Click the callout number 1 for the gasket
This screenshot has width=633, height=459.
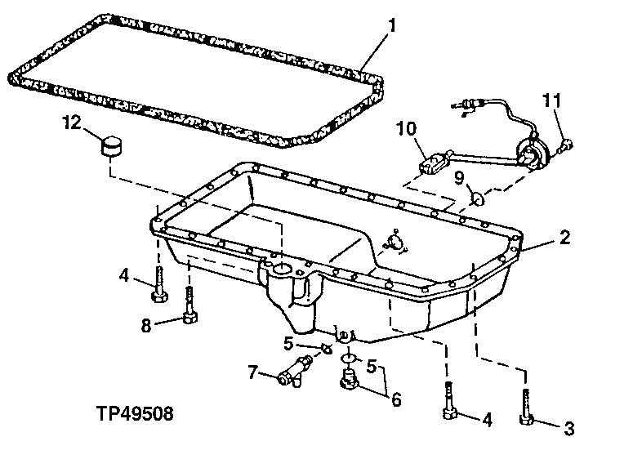pyautogui.click(x=392, y=25)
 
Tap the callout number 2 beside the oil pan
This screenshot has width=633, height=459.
pyautogui.click(x=564, y=238)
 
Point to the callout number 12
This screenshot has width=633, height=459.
pyautogui.click(x=73, y=123)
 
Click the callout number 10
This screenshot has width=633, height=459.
pyautogui.click(x=407, y=128)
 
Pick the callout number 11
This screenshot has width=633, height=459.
pyautogui.click(x=552, y=101)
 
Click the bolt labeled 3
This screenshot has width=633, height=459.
pyautogui.click(x=527, y=408)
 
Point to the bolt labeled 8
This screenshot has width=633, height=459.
pyautogui.click(x=190, y=307)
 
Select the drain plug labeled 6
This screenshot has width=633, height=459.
pyautogui.click(x=350, y=380)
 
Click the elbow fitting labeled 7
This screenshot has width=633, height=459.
pyautogui.click(x=294, y=368)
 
